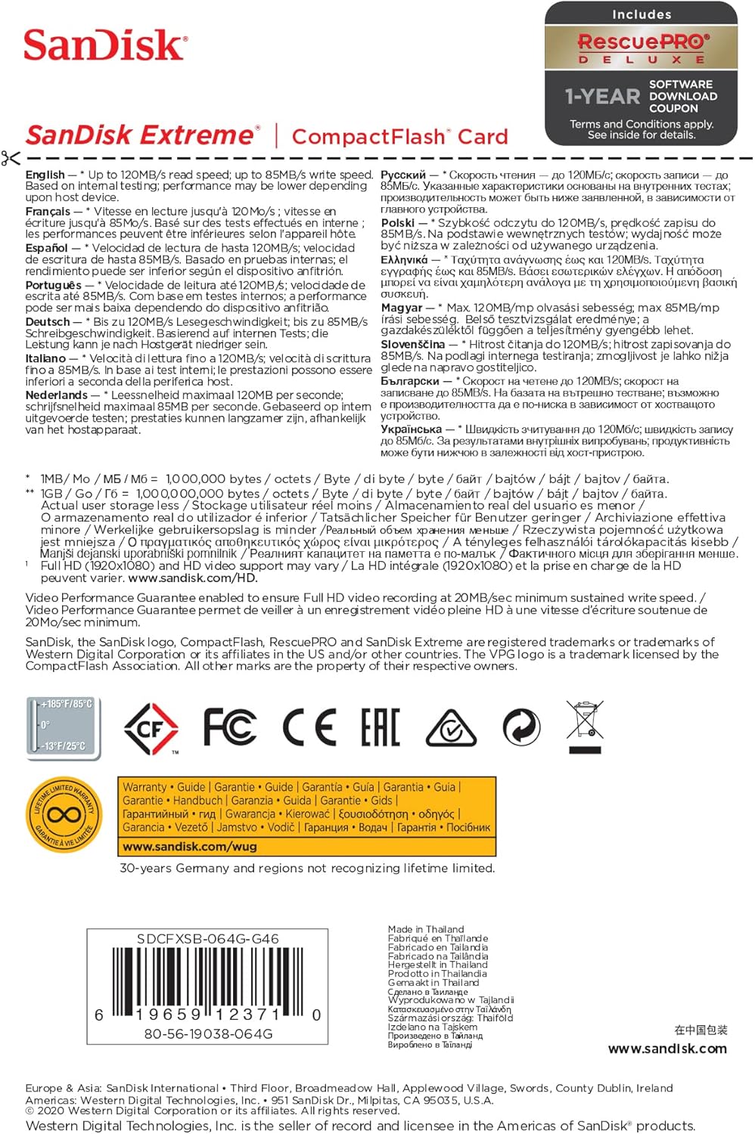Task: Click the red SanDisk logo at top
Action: click(x=105, y=45)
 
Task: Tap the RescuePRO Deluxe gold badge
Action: click(x=641, y=48)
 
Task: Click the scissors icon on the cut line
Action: click(x=11, y=158)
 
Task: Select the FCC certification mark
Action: click(x=230, y=727)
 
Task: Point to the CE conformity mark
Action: click(x=309, y=727)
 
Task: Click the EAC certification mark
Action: click(x=380, y=727)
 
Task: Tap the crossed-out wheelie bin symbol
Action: click(x=585, y=727)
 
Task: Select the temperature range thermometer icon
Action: click(x=64, y=726)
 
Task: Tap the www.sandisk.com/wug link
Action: click(x=179, y=847)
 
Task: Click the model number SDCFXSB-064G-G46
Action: click(x=208, y=939)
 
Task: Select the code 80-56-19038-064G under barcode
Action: click(x=208, y=1034)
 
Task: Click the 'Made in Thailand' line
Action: click(x=426, y=929)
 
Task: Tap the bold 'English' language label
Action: click(x=45, y=175)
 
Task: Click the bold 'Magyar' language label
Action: click(x=402, y=308)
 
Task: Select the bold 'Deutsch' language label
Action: click(x=48, y=321)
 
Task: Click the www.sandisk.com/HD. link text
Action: click(x=193, y=578)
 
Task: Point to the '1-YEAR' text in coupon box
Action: click(x=602, y=96)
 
